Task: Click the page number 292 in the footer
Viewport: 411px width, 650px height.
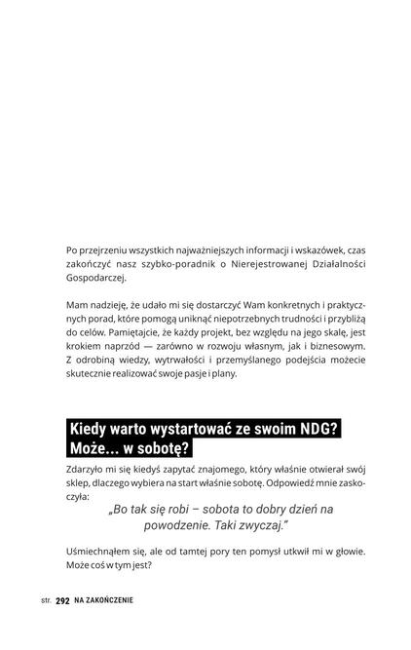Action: [x=63, y=600]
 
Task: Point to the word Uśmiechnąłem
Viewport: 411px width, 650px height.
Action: [x=104, y=551]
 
